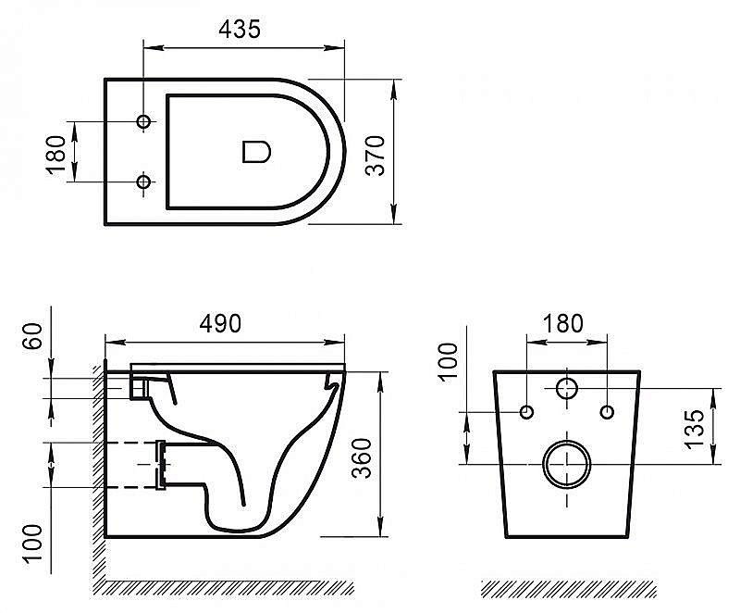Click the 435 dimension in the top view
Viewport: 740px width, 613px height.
[x=240, y=29]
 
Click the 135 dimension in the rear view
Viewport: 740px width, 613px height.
[x=697, y=424]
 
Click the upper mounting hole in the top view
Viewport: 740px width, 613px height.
[x=143, y=122]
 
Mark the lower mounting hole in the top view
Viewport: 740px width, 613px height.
[x=143, y=182]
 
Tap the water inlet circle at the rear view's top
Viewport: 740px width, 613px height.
[x=567, y=389]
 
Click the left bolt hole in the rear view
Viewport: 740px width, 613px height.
[x=526, y=411]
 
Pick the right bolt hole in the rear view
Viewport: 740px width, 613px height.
[x=607, y=411]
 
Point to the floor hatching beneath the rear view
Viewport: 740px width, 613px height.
[x=569, y=588]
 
